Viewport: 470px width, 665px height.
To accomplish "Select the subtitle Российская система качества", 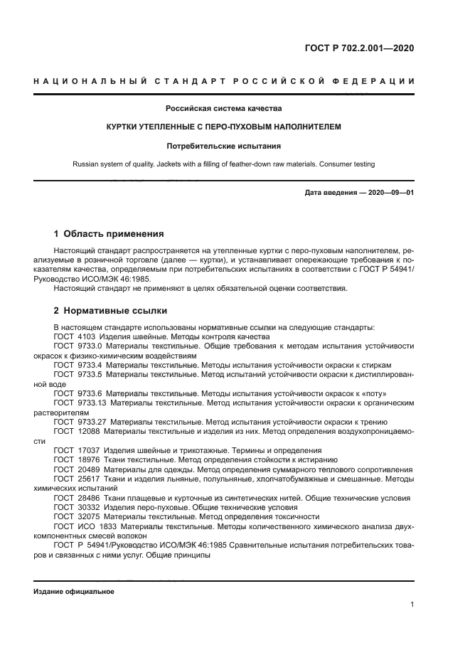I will click(x=223, y=109).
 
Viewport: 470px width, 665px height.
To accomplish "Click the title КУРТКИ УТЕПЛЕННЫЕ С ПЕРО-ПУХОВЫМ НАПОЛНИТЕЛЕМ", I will click(x=223, y=127).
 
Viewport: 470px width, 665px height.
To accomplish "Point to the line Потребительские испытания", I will click(x=223, y=146).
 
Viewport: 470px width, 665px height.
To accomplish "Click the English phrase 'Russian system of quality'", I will click(x=116, y=164).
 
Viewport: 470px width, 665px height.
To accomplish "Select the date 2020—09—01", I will click(x=390, y=193).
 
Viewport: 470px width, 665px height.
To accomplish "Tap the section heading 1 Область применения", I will click(x=109, y=233).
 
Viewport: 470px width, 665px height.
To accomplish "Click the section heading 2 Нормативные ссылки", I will click(x=111, y=311).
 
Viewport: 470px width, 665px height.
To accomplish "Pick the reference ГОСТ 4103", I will click(x=77, y=336).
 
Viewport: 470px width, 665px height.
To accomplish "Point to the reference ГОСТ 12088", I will click(x=77, y=431).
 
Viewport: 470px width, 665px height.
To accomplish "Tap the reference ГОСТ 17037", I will click(x=77, y=450).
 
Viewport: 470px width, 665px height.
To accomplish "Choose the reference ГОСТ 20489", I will click(x=77, y=469).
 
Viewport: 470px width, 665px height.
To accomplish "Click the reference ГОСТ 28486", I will click(x=77, y=498).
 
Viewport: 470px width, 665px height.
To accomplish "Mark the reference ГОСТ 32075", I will click(x=77, y=517).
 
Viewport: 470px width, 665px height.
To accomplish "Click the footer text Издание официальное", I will click(x=74, y=592).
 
